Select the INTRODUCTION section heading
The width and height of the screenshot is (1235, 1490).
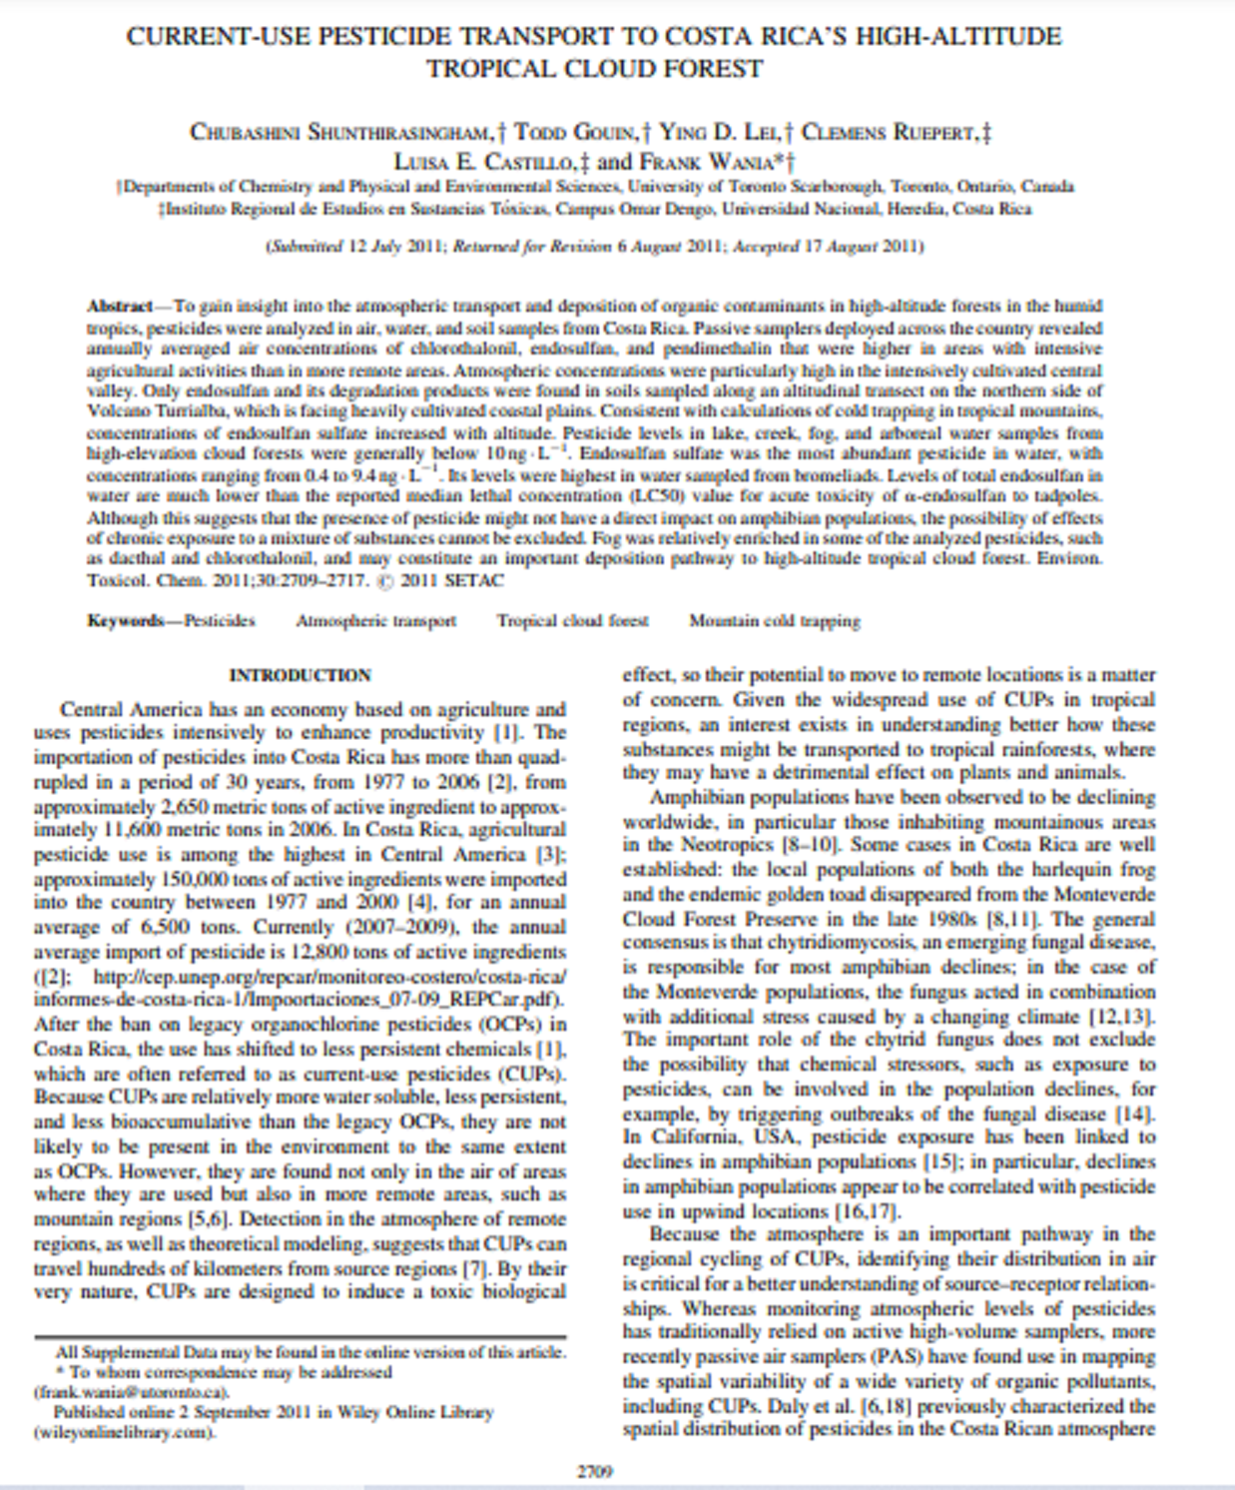300,675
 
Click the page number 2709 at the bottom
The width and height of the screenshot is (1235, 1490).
595,1470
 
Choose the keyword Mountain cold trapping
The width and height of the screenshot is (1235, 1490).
774,620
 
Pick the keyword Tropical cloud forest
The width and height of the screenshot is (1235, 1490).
572,620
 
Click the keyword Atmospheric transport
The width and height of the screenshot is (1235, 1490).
375,620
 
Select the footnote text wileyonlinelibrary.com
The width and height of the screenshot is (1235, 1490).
125,1431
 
